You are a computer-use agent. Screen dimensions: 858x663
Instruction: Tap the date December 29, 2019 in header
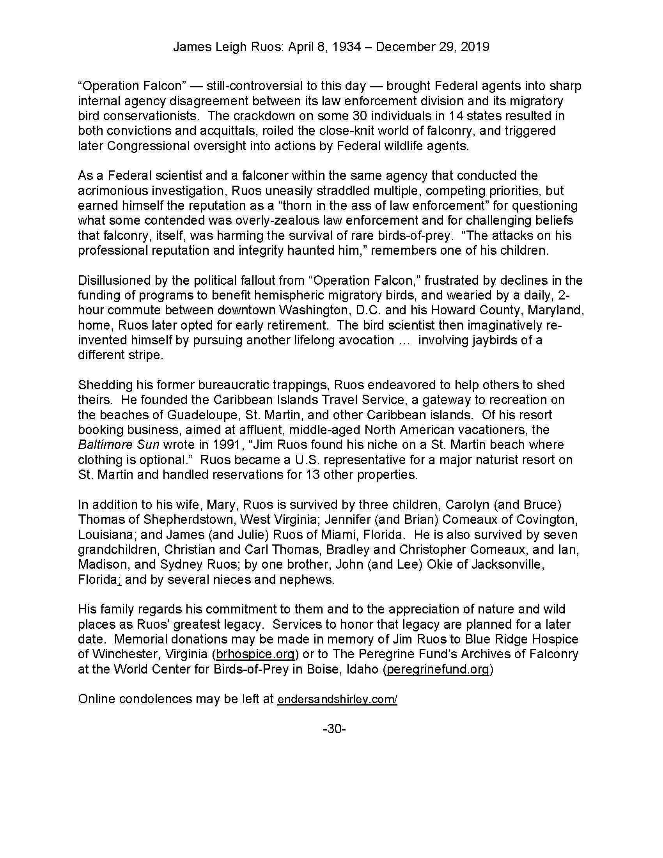click(433, 47)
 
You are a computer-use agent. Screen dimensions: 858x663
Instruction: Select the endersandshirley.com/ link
click(337, 700)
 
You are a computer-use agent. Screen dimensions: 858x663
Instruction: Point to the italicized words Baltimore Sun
click(119, 445)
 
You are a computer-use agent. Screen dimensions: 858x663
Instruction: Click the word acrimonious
click(112, 191)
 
